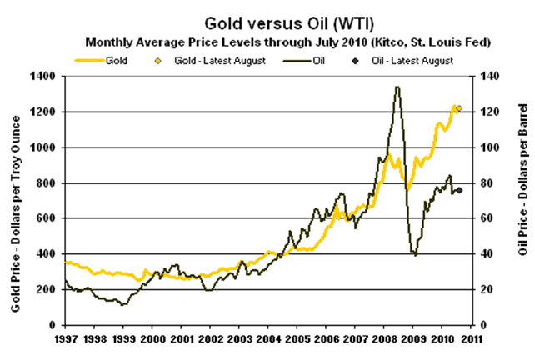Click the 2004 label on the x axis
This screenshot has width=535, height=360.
pyautogui.click(x=267, y=338)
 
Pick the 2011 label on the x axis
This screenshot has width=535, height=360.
pyautogui.click(x=471, y=338)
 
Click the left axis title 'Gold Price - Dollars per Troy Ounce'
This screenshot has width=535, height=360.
pyautogui.click(x=16, y=200)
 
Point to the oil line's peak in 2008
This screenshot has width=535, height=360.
pyautogui.click(x=397, y=87)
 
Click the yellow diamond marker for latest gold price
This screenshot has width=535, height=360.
pyautogui.click(x=459, y=108)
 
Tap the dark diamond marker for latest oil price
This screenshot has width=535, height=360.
pyautogui.click(x=459, y=191)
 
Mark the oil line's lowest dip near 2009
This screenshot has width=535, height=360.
pyautogui.click(x=415, y=254)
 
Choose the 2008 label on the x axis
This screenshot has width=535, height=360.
pyautogui.click(x=384, y=338)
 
